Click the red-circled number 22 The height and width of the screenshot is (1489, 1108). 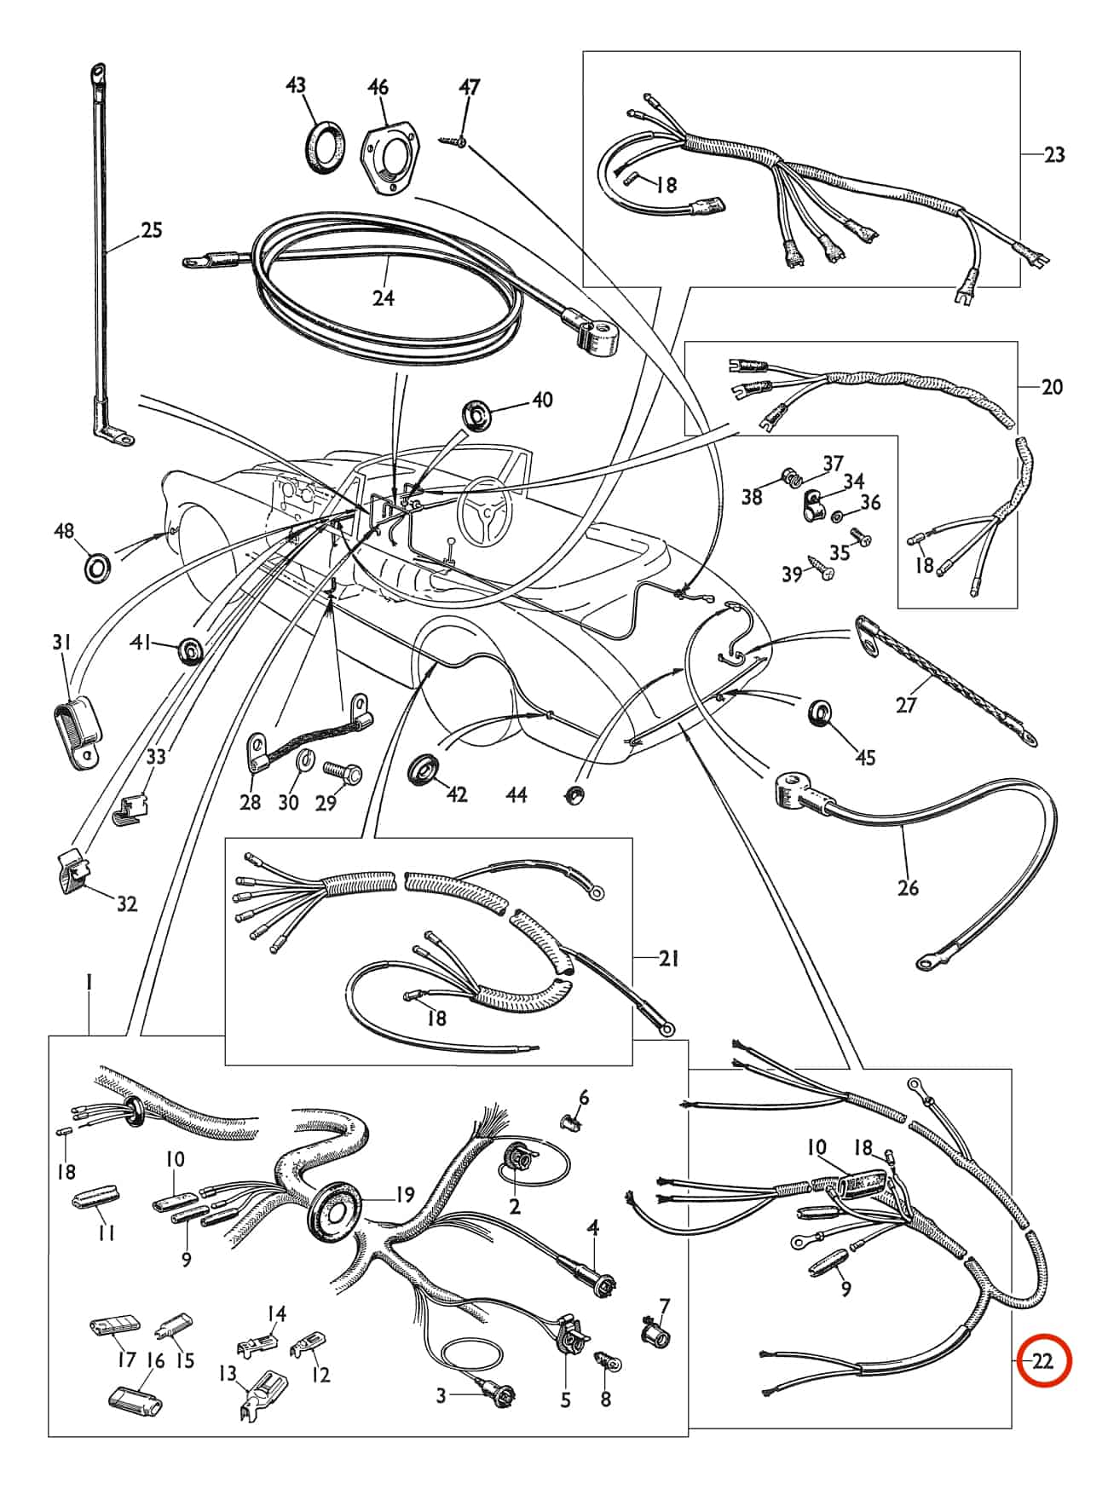click(x=1043, y=1362)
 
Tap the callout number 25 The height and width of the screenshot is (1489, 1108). click(x=151, y=230)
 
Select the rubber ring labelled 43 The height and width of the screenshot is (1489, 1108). click(x=326, y=147)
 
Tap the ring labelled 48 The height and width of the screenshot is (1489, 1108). click(x=99, y=565)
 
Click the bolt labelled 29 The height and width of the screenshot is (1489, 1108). click(x=343, y=774)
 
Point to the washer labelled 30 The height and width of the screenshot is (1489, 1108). click(x=303, y=760)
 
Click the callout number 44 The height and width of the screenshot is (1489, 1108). click(x=516, y=795)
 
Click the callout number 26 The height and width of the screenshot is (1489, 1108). click(x=908, y=887)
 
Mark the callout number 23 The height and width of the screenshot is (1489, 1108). click(x=1054, y=155)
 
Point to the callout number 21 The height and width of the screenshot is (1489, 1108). click(x=669, y=959)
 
